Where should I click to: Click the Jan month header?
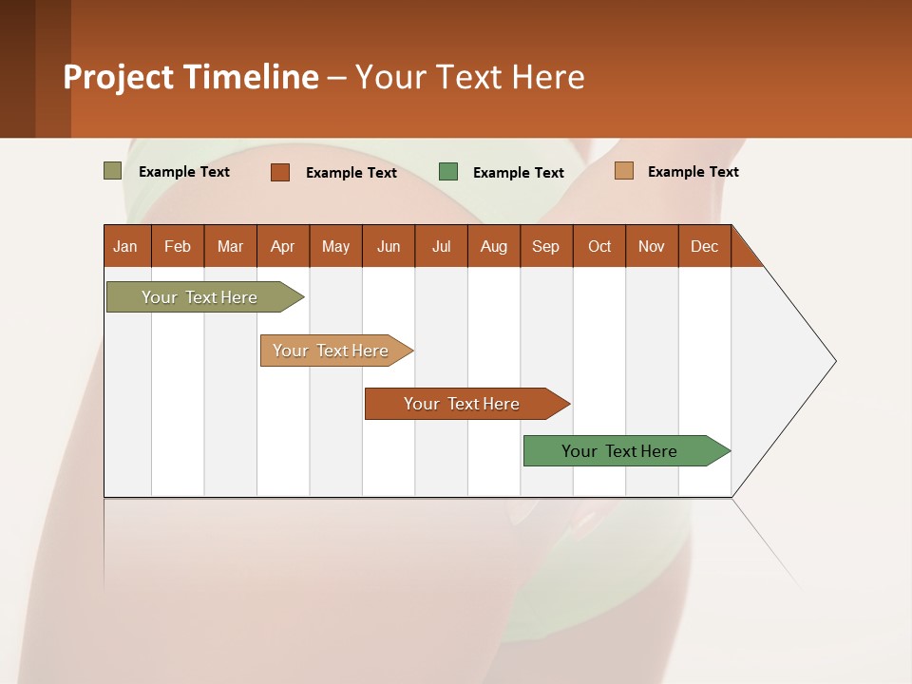(x=126, y=246)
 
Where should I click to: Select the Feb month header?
(x=178, y=246)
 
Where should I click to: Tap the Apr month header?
(x=283, y=246)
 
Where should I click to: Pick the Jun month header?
(x=389, y=246)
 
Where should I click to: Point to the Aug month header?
(x=494, y=246)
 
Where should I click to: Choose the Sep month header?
(x=546, y=246)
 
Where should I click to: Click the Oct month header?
(x=599, y=246)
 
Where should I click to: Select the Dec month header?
(x=705, y=246)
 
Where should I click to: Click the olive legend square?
(x=112, y=171)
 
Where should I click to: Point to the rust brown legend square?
(x=280, y=172)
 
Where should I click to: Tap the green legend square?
(x=448, y=172)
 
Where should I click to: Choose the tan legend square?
(x=624, y=171)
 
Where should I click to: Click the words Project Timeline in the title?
(x=191, y=77)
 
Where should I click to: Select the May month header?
(x=335, y=246)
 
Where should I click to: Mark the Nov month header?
(x=652, y=246)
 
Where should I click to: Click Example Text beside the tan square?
(x=693, y=172)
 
